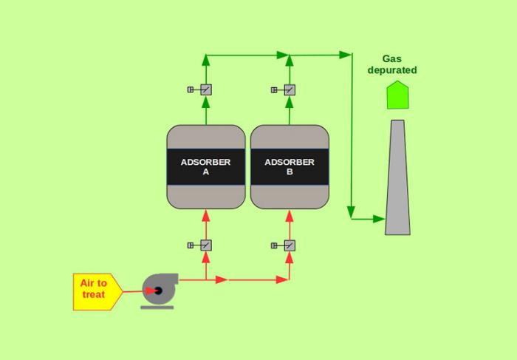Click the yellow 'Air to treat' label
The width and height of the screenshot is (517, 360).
pos(95,291)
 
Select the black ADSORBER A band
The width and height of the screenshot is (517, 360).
pos(206,167)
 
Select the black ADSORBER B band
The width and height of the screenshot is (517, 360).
pos(290,167)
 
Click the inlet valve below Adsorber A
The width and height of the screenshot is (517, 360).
pos(206,245)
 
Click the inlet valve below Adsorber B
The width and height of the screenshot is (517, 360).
pos(290,245)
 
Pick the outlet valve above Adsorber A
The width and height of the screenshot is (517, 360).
pos(206,90)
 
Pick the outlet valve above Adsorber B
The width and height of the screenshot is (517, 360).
pos(290,90)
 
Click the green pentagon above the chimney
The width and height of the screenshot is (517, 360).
pos(397,95)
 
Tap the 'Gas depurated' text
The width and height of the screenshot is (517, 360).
pos(392,64)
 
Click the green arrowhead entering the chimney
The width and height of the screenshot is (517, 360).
pos(378,219)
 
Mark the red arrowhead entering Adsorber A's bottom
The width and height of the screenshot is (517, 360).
pos(206,214)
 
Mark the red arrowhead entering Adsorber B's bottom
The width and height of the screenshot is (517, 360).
pos(290,214)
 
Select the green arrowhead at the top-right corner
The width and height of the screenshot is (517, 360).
pos(345,54)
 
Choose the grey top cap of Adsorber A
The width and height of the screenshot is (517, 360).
pos(206,137)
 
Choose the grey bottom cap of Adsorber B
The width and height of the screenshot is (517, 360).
pos(290,197)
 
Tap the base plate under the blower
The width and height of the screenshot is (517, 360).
pos(157,306)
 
